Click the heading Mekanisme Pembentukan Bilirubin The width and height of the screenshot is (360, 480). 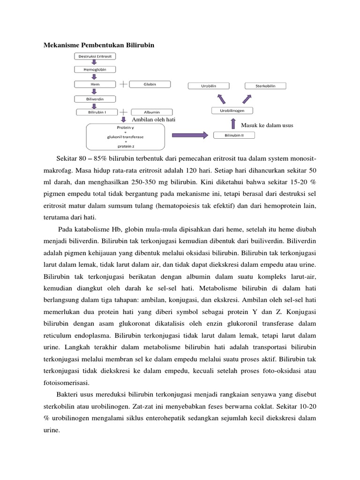tap(99, 45)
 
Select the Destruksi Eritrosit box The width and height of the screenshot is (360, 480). tap(95, 56)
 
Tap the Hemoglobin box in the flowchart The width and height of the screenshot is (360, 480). tap(95, 70)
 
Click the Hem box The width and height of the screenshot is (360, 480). tap(95, 84)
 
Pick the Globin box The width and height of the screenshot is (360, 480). tap(150, 84)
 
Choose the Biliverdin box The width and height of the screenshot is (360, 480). tap(95, 99)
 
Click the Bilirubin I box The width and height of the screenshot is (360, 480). tap(97, 112)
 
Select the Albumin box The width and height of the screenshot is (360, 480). tap(151, 112)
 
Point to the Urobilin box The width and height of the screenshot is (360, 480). tap(209, 86)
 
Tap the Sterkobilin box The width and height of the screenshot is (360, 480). tap(265, 86)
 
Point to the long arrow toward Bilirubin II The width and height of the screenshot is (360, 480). tap(190, 135)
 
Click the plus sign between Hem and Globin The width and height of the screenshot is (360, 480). tap(123, 84)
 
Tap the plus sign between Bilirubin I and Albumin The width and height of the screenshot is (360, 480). tap(123, 112)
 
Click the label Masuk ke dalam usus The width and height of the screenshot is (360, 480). tap(267, 126)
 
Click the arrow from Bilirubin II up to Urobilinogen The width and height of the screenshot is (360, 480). tap(233, 124)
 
